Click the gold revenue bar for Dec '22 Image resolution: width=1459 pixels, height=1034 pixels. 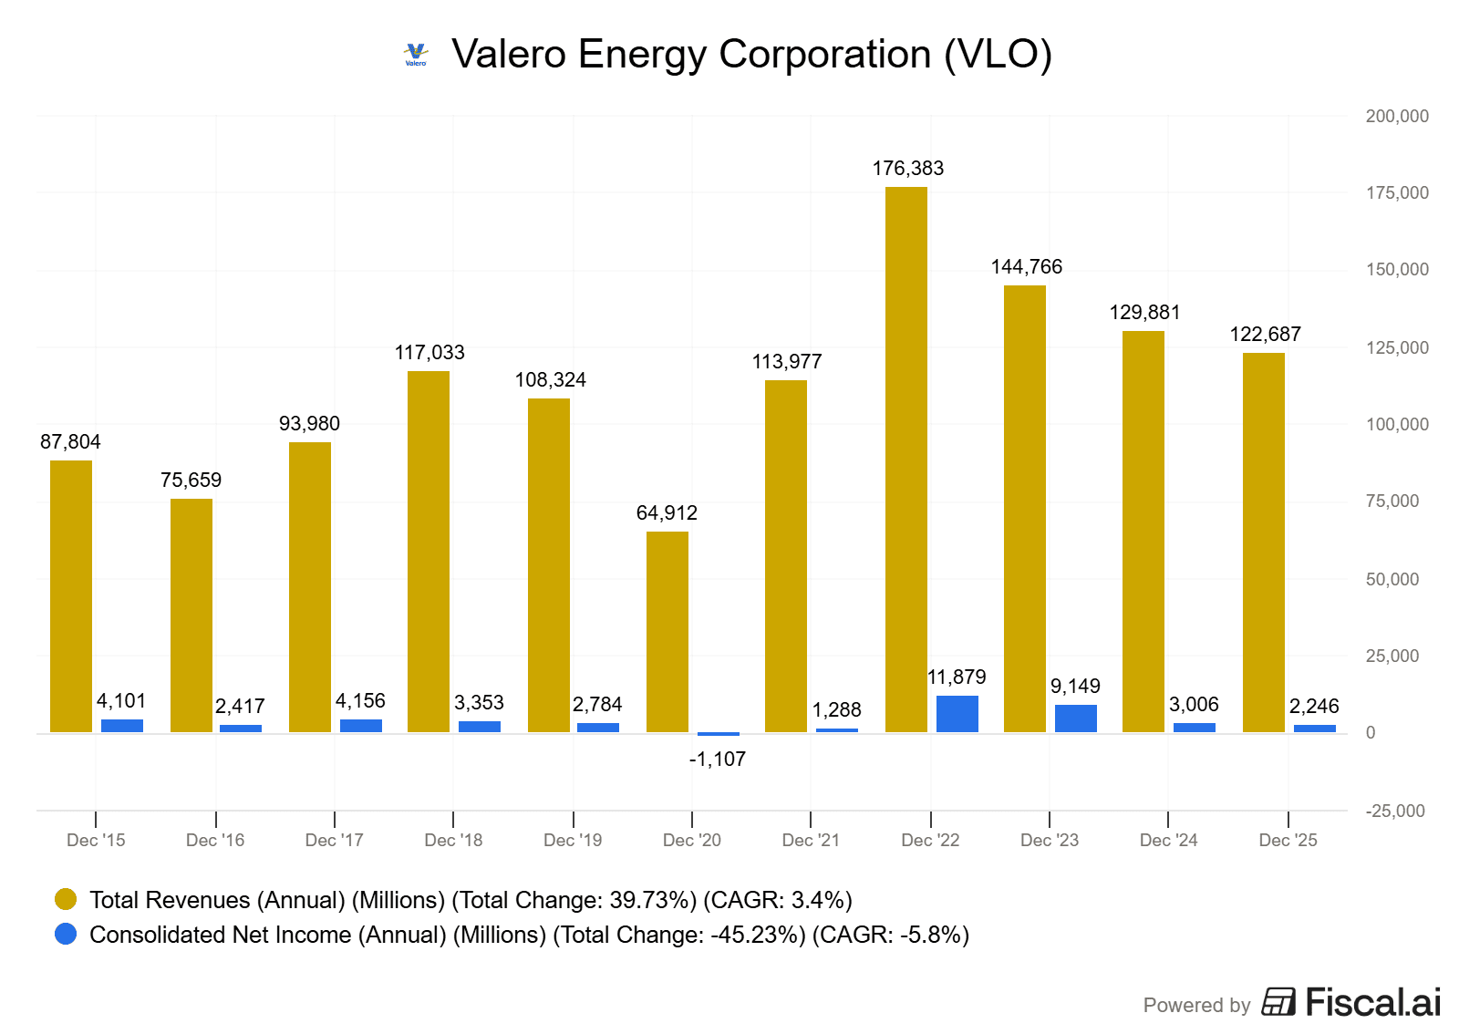(905, 460)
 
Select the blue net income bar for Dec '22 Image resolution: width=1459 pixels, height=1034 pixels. (957, 714)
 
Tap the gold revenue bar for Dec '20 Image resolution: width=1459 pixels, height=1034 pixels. (667, 632)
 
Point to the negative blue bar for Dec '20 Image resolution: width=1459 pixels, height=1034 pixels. (718, 734)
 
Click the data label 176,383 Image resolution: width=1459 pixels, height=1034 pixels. (907, 169)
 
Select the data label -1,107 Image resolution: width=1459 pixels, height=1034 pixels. (717, 760)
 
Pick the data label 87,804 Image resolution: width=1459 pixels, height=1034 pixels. (70, 442)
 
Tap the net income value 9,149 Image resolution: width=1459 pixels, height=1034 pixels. (1075, 687)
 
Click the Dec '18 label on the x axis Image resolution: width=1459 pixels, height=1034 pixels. (453, 841)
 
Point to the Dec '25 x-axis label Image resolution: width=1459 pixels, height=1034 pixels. (1288, 841)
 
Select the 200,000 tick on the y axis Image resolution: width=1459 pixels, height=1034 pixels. (1396, 117)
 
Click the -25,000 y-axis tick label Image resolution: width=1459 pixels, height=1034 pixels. (1394, 812)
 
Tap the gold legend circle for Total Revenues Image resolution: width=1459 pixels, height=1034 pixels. (66, 900)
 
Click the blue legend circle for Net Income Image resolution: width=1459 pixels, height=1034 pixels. (66, 935)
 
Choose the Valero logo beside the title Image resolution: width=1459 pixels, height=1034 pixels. (416, 55)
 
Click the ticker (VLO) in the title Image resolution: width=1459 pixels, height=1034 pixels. (998, 55)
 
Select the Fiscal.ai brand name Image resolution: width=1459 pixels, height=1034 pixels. (1372, 1003)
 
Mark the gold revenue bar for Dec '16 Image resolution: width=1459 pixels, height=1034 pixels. (191, 615)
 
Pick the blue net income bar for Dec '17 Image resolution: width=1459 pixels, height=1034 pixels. (360, 726)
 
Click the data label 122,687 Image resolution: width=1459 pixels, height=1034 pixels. (1265, 335)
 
